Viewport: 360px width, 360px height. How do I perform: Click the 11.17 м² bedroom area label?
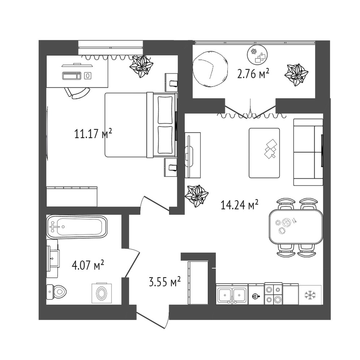(x=93, y=134)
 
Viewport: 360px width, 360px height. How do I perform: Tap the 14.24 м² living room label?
(x=240, y=205)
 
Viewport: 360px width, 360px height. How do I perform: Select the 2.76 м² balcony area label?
(x=253, y=74)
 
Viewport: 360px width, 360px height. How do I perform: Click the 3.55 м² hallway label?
(x=164, y=281)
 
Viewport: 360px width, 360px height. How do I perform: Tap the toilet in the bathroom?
(x=56, y=292)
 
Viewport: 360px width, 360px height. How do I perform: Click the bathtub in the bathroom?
(x=77, y=227)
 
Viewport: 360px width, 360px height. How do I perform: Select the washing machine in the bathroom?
(x=102, y=293)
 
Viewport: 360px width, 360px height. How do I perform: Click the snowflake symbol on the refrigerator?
(x=310, y=295)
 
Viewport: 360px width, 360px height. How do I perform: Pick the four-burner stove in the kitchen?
(x=273, y=293)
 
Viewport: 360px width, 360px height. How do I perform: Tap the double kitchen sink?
(x=232, y=294)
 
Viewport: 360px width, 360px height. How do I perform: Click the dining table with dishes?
(x=296, y=226)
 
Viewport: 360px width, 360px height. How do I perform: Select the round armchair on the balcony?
(x=210, y=69)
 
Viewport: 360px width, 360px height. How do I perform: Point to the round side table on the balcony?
(x=257, y=55)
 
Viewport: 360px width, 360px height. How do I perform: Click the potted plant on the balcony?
(x=296, y=74)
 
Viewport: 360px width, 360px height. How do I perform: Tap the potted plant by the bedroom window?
(x=141, y=66)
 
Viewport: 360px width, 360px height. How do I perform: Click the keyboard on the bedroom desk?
(x=72, y=76)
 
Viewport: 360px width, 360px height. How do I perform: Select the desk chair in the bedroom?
(x=77, y=93)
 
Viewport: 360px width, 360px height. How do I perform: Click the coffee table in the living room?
(x=264, y=153)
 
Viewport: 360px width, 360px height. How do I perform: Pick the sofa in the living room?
(x=308, y=152)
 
